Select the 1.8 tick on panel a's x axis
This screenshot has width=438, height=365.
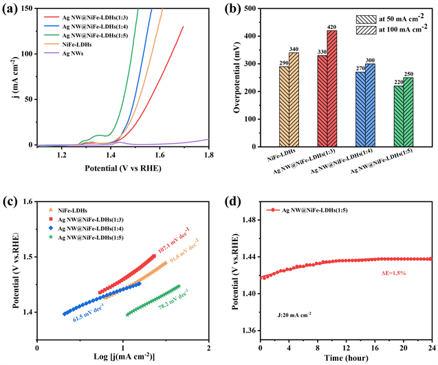tap(208, 155)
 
